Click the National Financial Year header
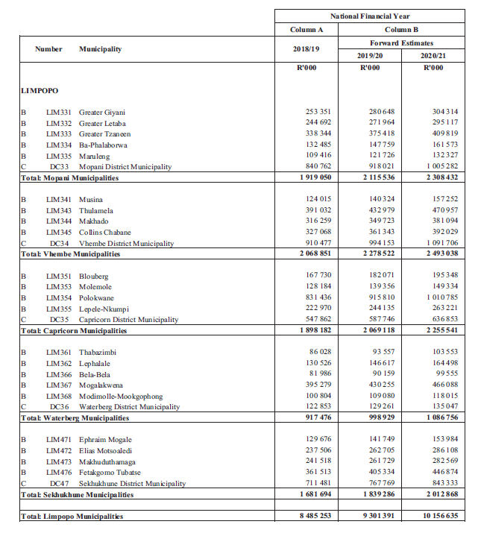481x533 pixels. (370, 16)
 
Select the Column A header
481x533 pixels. (306, 29)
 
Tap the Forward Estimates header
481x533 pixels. (401, 43)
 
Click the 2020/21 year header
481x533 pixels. (433, 54)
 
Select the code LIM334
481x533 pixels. (59, 145)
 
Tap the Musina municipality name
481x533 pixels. (91, 200)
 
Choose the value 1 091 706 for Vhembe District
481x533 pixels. (439, 244)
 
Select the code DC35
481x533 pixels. (60, 320)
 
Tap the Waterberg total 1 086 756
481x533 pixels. (439, 419)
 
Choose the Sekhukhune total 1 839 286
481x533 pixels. (375, 495)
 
